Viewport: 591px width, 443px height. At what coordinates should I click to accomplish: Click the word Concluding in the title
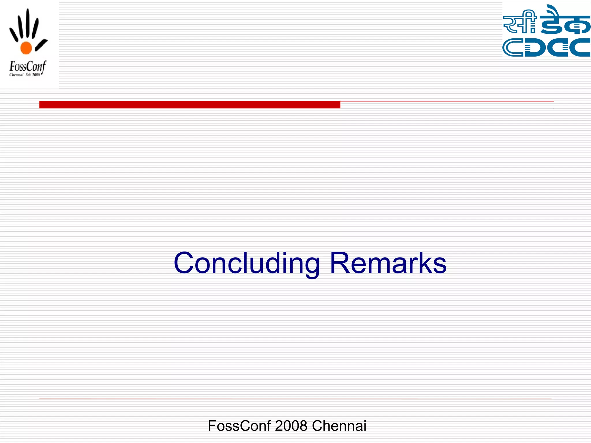[x=247, y=263]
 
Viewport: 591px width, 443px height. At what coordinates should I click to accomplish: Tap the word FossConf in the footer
[x=239, y=426]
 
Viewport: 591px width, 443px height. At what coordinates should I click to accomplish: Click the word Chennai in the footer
[x=339, y=426]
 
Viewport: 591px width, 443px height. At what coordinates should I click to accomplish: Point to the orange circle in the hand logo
[x=26, y=48]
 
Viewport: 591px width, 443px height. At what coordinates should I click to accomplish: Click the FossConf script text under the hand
[x=27, y=67]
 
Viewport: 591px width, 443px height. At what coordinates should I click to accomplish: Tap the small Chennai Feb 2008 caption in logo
[x=25, y=75]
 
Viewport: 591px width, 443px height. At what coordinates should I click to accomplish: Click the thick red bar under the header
[x=190, y=104]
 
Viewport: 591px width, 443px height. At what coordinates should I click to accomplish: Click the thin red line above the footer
[x=295, y=399]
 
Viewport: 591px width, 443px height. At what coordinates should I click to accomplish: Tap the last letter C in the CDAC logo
[x=580, y=48]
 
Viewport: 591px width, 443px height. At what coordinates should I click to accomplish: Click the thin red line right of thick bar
[x=447, y=101]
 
